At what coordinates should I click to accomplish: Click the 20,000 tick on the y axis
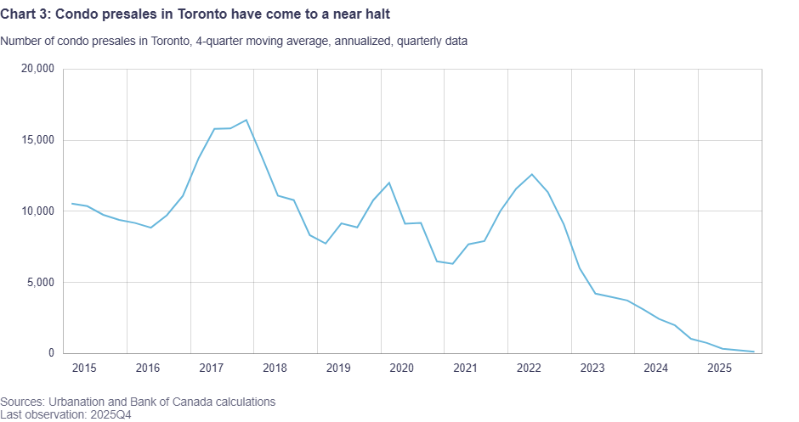39,69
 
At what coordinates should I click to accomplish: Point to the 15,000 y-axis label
39,140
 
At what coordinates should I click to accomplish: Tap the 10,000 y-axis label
39,211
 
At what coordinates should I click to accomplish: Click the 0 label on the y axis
52,353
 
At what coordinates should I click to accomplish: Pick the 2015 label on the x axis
84,369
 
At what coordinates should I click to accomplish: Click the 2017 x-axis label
211,369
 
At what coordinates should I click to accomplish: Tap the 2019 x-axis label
338,369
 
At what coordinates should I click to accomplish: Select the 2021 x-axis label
465,369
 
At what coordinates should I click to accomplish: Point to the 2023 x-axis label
592,369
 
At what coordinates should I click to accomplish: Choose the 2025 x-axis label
719,369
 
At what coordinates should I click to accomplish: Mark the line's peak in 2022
531,174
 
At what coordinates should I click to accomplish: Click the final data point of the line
754,352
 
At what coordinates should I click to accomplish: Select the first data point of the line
71,204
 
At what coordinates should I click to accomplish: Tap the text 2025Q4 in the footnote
108,414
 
